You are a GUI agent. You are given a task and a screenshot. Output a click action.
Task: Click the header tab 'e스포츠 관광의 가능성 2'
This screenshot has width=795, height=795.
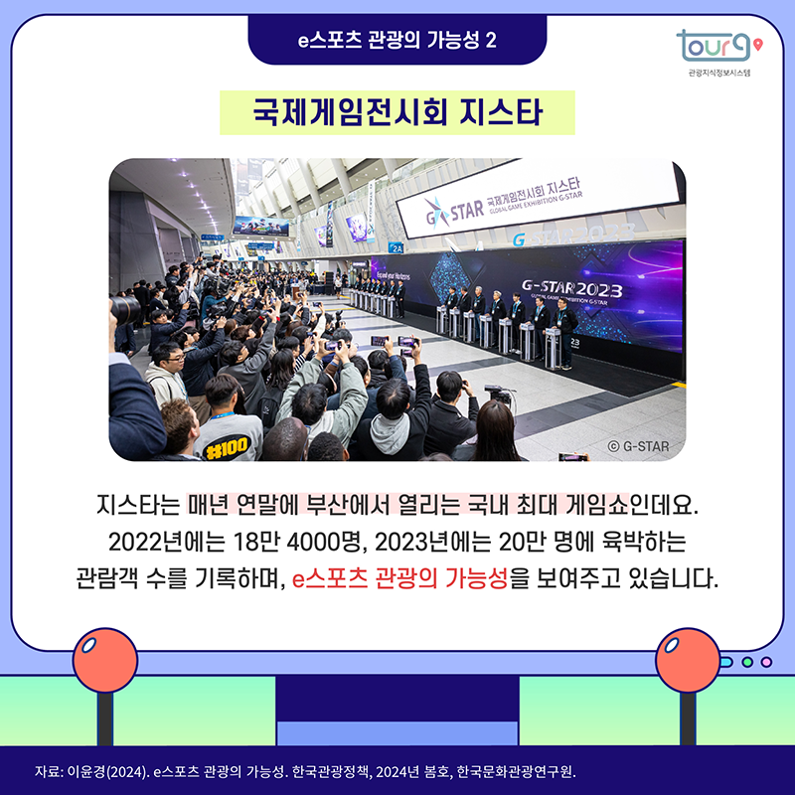click(x=397, y=40)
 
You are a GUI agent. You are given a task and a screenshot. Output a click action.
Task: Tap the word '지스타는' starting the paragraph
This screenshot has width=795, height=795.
click(x=137, y=514)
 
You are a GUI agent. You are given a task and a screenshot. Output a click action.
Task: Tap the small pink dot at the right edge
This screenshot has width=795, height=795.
click(x=764, y=662)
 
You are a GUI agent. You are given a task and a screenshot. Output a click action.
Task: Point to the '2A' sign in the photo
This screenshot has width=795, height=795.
click(x=397, y=247)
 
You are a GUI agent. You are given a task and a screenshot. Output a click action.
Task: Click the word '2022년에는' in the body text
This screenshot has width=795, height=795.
click(x=160, y=546)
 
